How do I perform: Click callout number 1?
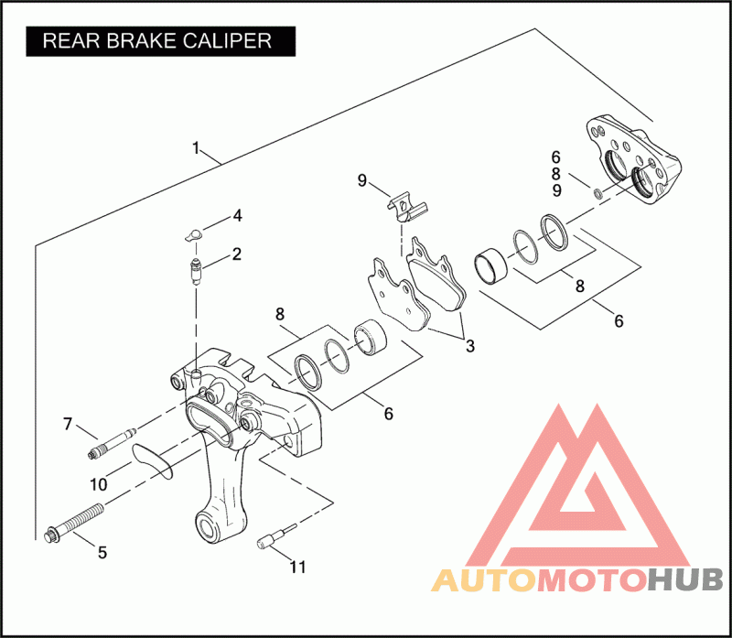tap(195, 148)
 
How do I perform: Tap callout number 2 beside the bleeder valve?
tap(236, 254)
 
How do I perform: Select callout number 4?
tap(236, 217)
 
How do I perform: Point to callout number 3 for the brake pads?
tap(469, 346)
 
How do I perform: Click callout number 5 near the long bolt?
tap(102, 552)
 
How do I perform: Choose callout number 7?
tap(67, 424)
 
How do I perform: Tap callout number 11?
tap(297, 567)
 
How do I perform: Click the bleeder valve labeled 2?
tap(195, 272)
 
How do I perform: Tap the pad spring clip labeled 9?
tap(404, 208)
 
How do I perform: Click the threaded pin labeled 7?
tap(113, 441)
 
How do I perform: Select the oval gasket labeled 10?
tap(151, 460)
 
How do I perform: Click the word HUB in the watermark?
tap(685, 579)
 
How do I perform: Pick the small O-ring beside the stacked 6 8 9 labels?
tap(596, 192)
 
